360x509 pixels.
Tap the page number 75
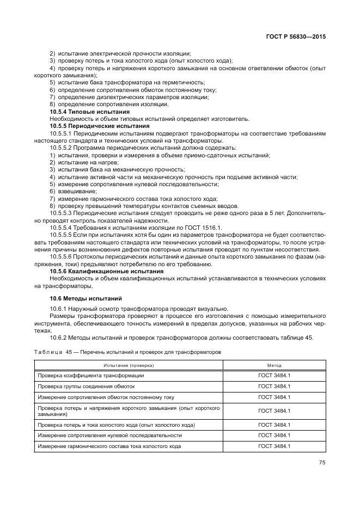click(322, 463)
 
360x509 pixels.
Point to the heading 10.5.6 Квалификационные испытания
click(98, 271)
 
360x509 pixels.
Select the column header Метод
click(274, 365)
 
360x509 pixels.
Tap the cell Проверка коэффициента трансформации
click(90, 376)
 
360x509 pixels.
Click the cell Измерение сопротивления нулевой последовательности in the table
click(109, 436)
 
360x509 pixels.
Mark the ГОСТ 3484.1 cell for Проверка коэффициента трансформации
click(274, 376)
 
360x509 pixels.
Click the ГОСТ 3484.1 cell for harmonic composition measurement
click(274, 446)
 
